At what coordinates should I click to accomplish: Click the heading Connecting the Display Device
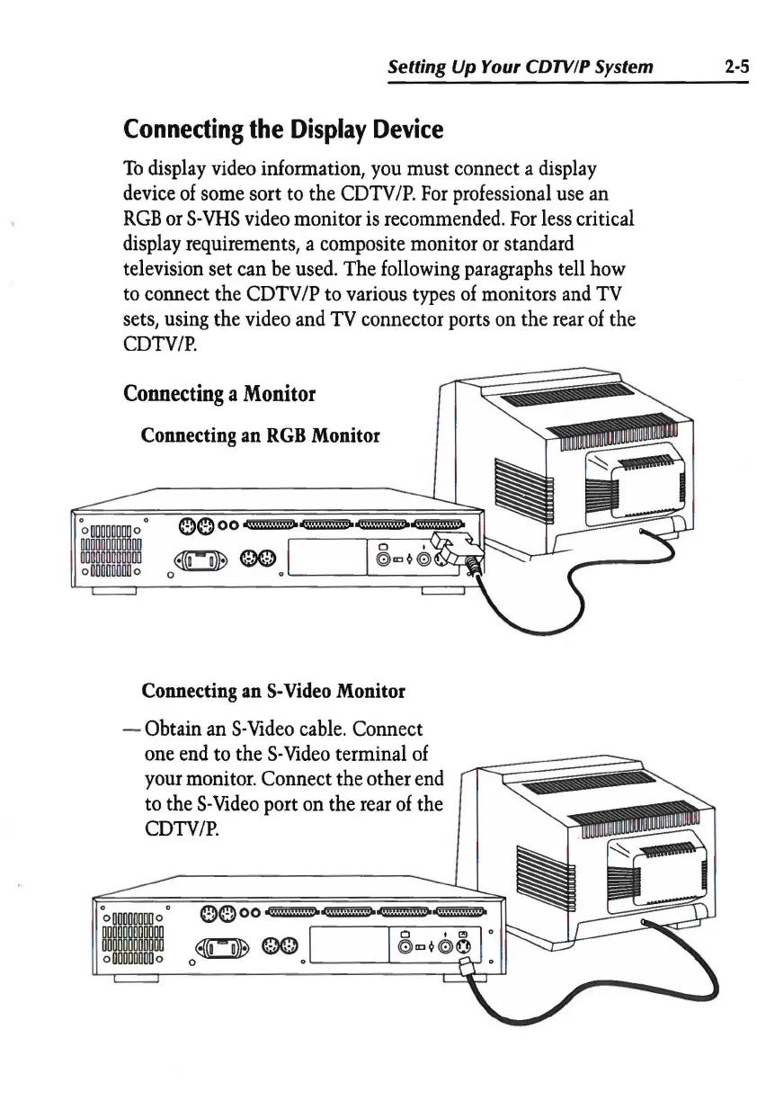(x=282, y=130)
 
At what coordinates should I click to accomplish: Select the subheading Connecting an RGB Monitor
(x=261, y=436)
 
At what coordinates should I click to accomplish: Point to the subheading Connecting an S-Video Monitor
(x=273, y=692)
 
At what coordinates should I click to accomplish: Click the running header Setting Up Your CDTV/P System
(x=520, y=67)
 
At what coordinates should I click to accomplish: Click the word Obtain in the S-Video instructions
(x=186, y=725)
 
